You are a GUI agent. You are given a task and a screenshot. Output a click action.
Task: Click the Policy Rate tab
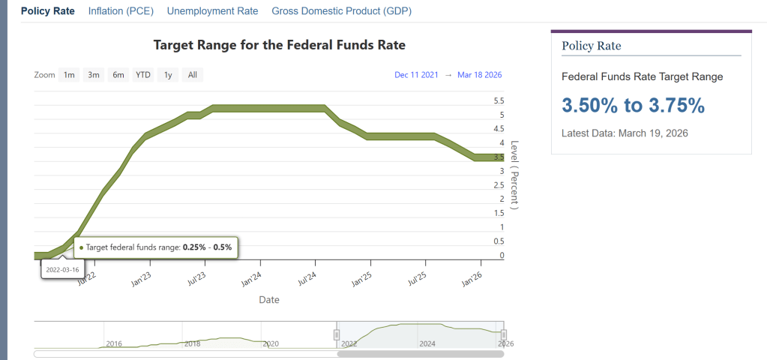[x=48, y=11]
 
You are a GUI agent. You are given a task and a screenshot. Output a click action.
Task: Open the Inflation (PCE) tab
[x=121, y=11]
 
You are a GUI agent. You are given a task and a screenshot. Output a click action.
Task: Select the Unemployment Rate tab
[x=212, y=11]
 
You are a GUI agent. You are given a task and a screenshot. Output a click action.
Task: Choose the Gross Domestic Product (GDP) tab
[x=341, y=11]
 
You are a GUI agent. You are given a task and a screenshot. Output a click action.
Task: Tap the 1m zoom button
[x=69, y=74]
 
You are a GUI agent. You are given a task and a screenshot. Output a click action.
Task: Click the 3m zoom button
[x=94, y=74]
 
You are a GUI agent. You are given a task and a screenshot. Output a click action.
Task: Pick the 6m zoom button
[x=118, y=74]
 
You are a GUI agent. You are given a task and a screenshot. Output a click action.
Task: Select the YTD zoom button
[x=143, y=74]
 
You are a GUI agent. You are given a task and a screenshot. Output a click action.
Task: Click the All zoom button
[x=193, y=74]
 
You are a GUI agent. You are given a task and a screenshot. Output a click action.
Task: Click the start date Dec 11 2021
[x=416, y=75]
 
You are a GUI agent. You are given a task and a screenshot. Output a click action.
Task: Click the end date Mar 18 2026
[x=479, y=75]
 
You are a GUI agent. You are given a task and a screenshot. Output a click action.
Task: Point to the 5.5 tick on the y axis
[x=499, y=100]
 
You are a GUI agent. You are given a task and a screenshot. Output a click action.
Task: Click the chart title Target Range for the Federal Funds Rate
[x=279, y=45]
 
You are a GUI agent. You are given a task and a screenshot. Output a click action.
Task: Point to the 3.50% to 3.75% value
[x=633, y=106]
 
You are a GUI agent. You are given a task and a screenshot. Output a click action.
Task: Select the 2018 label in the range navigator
[x=193, y=343]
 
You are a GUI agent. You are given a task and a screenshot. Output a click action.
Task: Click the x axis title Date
[x=269, y=300]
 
